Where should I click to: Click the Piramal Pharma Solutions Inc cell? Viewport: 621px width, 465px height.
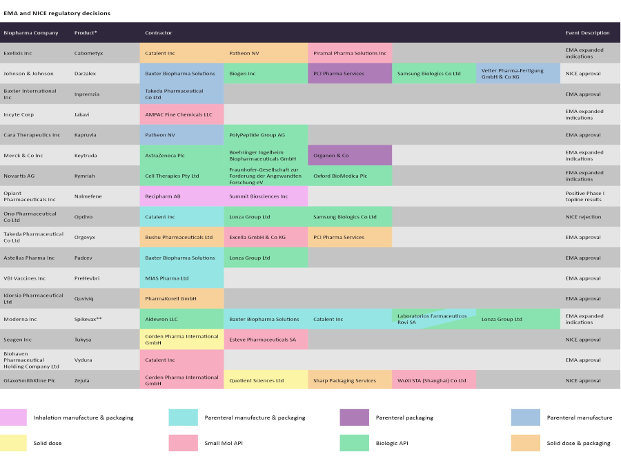click(x=350, y=53)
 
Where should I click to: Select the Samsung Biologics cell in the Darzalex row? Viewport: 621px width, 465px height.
click(x=434, y=74)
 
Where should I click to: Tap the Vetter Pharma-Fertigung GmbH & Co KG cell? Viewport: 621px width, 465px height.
click(x=518, y=74)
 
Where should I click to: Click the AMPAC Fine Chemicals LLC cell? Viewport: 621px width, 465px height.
click(x=182, y=114)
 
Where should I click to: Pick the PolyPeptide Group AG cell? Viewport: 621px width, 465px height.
click(x=266, y=135)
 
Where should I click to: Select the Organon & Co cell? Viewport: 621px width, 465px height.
click(x=350, y=156)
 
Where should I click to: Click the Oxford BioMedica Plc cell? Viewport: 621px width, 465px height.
click(x=350, y=176)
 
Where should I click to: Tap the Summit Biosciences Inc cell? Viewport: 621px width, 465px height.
click(x=266, y=196)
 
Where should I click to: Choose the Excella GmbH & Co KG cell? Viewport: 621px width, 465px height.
click(x=266, y=238)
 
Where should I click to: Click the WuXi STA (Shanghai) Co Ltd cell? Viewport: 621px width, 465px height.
click(x=434, y=380)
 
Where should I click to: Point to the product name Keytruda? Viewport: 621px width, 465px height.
click(x=87, y=156)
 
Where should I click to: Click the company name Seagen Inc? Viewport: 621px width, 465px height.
click(x=18, y=340)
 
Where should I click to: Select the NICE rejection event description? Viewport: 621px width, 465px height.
click(x=583, y=217)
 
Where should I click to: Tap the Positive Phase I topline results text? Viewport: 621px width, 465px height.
click(x=584, y=196)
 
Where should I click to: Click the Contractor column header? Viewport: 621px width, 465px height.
click(x=159, y=33)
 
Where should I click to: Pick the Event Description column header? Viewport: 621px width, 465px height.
click(x=587, y=33)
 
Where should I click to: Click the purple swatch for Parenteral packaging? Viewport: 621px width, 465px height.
click(x=354, y=417)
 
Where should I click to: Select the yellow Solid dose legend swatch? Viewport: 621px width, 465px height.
click(x=13, y=443)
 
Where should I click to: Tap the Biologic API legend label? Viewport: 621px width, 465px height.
click(x=392, y=443)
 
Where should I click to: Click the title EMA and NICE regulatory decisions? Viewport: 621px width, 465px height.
click(x=57, y=13)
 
